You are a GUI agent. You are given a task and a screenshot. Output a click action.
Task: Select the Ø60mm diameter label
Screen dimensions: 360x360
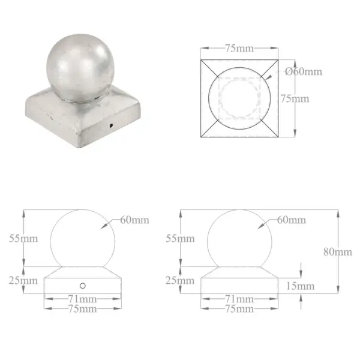(304, 71)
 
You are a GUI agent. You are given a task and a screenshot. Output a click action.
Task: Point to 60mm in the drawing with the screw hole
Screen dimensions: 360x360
(134, 220)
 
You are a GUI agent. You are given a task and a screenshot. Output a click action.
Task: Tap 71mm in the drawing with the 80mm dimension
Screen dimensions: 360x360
(239, 299)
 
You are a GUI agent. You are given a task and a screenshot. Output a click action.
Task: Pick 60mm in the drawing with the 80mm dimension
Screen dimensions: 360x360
(291, 220)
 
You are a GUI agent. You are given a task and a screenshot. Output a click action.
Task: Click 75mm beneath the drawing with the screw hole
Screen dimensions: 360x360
(83, 308)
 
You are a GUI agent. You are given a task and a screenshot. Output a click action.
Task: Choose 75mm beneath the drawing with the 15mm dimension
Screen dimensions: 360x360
(239, 308)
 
